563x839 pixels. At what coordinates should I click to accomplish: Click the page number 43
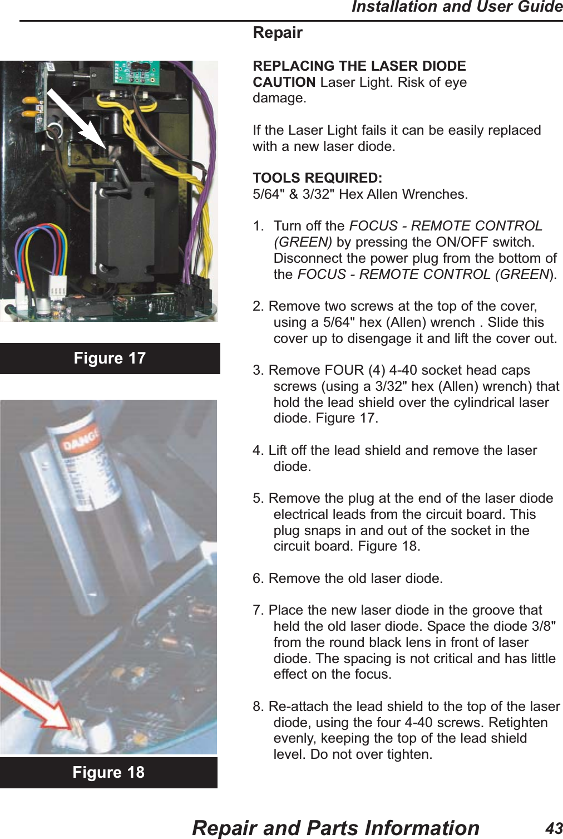[554, 828]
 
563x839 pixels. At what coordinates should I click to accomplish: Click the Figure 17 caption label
[110, 358]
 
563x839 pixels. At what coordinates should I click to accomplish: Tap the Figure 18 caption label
[108, 772]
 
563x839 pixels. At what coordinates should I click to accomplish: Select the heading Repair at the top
[278, 33]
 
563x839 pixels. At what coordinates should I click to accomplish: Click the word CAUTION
[284, 82]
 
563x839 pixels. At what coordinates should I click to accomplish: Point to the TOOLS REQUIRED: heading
[317, 178]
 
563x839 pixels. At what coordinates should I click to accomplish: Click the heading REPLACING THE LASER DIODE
[359, 66]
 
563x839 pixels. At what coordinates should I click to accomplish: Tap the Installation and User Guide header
[457, 7]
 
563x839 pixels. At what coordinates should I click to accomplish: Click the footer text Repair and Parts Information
[335, 828]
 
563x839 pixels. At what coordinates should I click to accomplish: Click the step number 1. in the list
[258, 226]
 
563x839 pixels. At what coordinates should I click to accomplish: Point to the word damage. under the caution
[279, 99]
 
